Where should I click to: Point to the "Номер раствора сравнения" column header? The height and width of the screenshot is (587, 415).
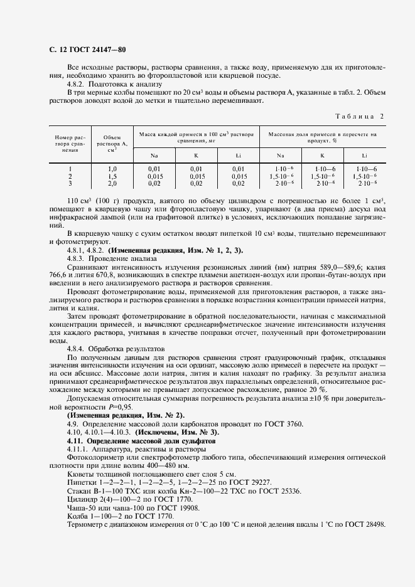(70, 144)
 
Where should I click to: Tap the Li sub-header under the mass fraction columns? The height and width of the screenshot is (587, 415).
(364, 155)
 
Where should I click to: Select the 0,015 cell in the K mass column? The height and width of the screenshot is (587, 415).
(197, 176)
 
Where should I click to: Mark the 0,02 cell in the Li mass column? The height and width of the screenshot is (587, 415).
(238, 183)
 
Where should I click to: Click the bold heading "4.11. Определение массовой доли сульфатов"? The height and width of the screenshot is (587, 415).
(141, 442)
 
